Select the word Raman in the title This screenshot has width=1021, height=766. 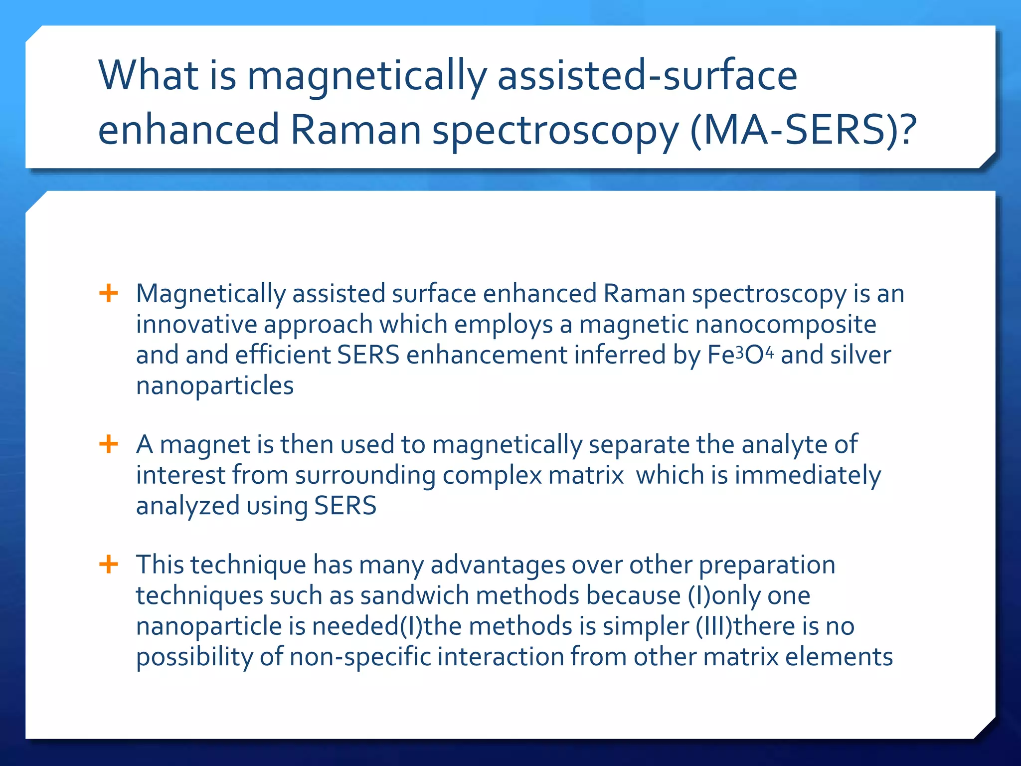[x=355, y=130]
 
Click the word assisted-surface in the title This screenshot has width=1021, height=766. [x=647, y=76]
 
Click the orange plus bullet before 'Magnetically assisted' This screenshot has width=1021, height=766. [x=109, y=293]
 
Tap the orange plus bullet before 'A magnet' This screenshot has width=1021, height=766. [x=109, y=443]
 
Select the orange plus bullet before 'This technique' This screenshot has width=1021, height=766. [x=109, y=565]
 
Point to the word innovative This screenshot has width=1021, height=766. [x=196, y=324]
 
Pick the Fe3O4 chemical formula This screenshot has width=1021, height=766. [x=740, y=355]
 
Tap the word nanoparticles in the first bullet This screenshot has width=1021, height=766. [x=215, y=385]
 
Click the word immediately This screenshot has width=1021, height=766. [x=808, y=475]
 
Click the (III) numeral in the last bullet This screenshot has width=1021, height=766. [x=714, y=626]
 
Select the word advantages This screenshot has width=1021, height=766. [x=498, y=565]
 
